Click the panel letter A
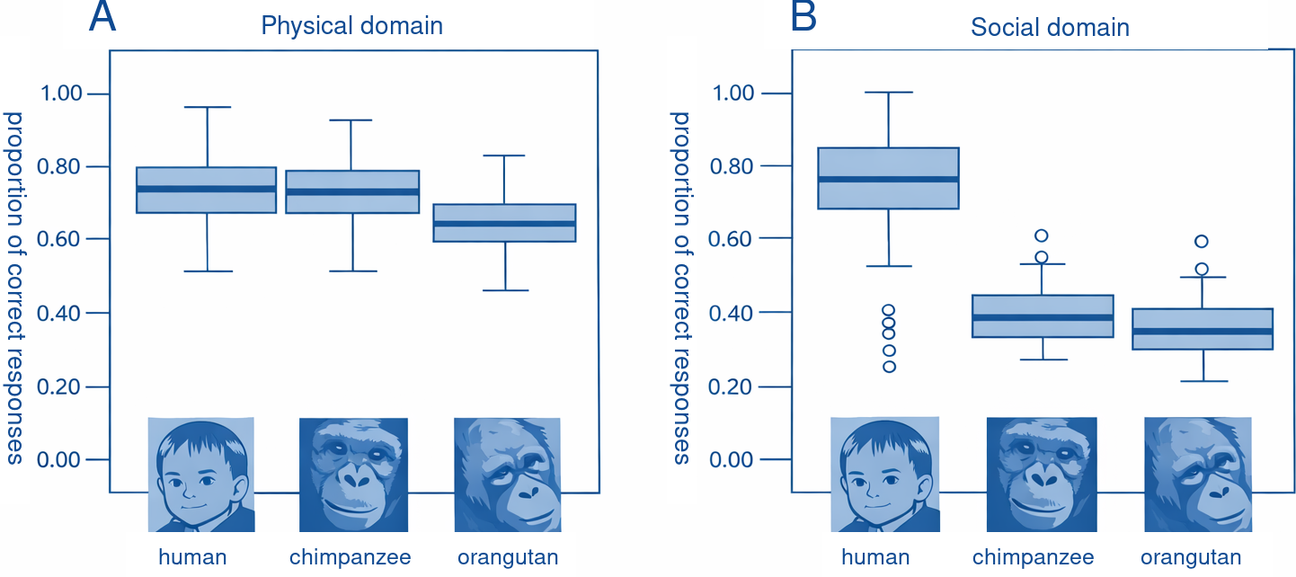(x=102, y=18)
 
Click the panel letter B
(x=803, y=18)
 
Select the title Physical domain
(x=351, y=25)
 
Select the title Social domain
(x=1050, y=27)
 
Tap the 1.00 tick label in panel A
(x=60, y=93)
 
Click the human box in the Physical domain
(x=206, y=190)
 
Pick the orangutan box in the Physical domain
(x=504, y=223)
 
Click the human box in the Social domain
(x=888, y=178)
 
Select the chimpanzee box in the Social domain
(x=1043, y=316)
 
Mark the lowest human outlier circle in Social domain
(x=889, y=367)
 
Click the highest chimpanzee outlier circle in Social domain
(x=1042, y=235)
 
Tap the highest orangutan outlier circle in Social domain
(x=1202, y=241)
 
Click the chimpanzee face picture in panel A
(x=353, y=475)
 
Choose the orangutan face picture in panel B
(x=1198, y=475)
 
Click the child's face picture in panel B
(x=885, y=475)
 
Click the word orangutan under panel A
(x=508, y=557)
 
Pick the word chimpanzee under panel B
(x=1033, y=557)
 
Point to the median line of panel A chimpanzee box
(x=353, y=192)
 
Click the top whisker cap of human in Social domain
(x=888, y=93)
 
